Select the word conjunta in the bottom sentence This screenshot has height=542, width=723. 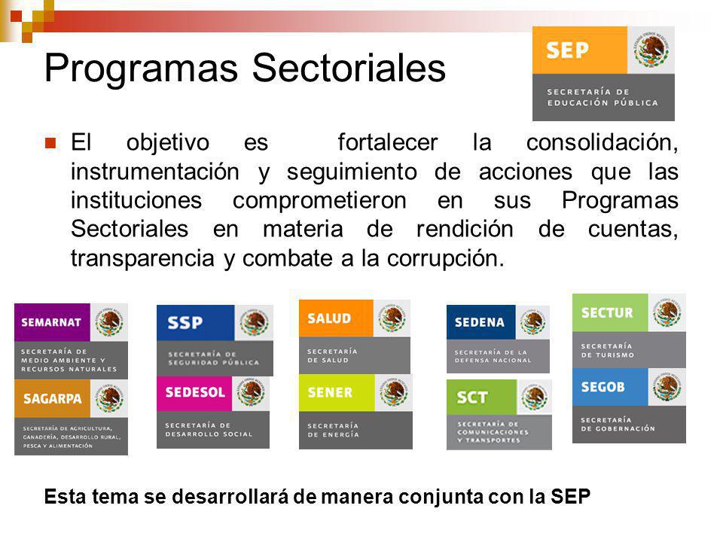click(x=444, y=498)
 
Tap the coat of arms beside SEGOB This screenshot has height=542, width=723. click(x=667, y=387)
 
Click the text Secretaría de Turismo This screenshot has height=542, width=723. click(x=607, y=350)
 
